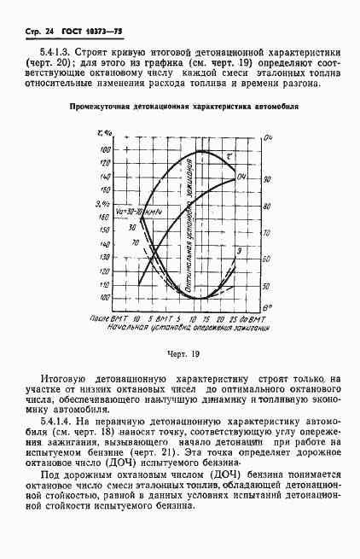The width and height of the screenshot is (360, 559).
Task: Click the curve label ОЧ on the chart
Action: [242, 177]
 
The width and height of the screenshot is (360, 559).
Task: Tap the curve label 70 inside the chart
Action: [135, 242]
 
